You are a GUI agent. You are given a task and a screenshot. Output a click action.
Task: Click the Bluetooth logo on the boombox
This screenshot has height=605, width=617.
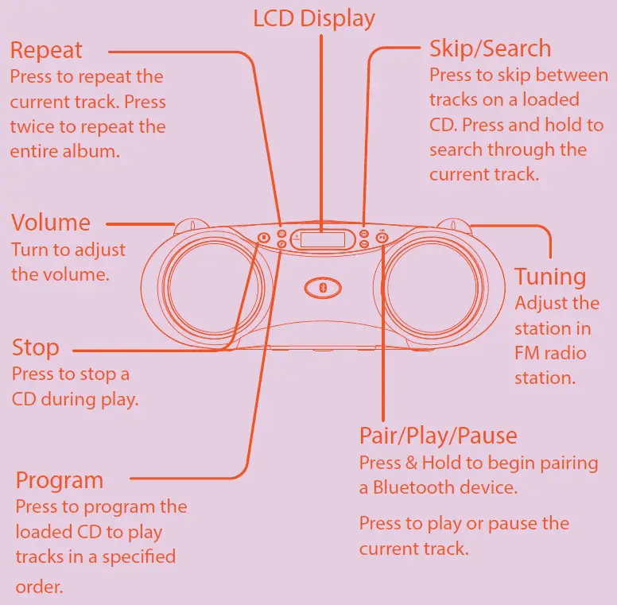tap(323, 287)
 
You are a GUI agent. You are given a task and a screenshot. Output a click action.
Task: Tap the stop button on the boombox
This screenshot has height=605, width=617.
tap(264, 237)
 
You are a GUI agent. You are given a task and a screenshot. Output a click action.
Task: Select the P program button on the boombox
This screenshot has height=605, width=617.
tap(282, 245)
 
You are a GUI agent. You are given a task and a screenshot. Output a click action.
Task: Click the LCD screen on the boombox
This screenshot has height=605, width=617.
tap(323, 239)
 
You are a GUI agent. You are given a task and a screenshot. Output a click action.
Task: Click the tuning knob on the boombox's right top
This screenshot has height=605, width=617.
tap(452, 225)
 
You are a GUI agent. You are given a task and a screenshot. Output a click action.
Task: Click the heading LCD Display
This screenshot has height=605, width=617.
tap(314, 18)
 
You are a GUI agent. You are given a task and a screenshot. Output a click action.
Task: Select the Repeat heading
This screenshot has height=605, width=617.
tap(46, 50)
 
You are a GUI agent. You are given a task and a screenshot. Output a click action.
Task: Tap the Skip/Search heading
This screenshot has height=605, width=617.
tap(490, 48)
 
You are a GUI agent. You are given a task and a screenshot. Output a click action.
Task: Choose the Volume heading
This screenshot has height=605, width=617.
tap(51, 223)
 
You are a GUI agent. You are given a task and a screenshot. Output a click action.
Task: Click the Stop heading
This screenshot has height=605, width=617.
tap(35, 347)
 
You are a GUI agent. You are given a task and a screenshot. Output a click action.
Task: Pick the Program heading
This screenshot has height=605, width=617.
tap(60, 480)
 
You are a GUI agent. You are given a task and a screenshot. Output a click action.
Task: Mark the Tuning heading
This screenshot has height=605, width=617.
tap(550, 277)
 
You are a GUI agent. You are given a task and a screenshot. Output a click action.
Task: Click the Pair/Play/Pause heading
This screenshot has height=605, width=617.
tap(438, 436)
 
